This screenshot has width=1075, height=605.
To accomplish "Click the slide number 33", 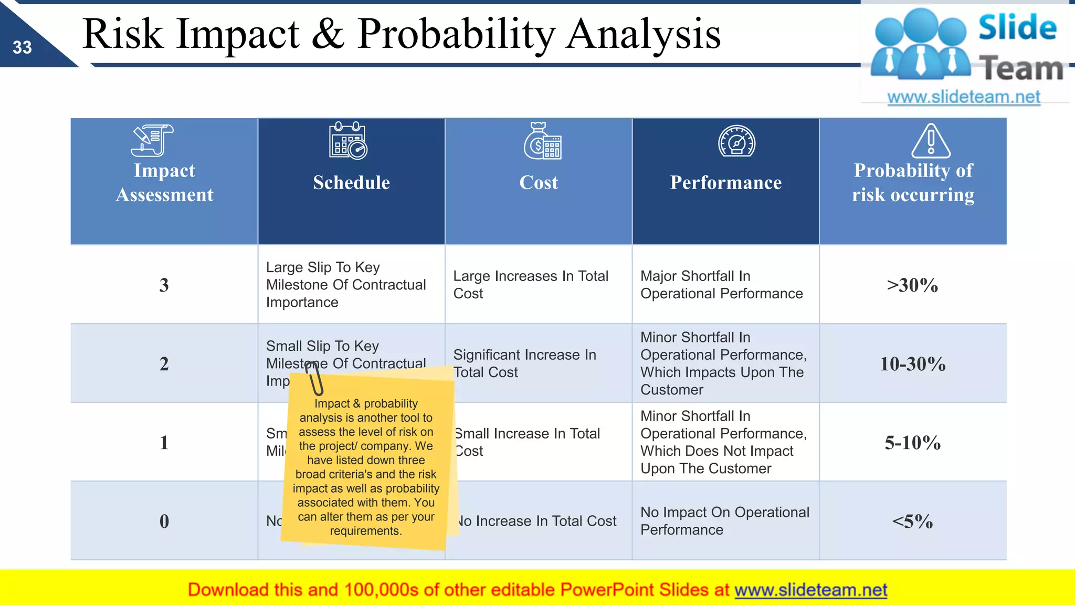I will coord(22,48).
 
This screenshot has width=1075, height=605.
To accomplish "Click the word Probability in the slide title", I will coord(456,35).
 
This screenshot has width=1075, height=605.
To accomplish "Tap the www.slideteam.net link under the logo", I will coord(963,97).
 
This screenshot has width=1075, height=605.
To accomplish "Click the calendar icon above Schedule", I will coord(348,141).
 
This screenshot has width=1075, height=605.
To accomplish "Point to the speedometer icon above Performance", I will coord(736,141).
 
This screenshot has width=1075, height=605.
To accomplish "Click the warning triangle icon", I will coord(930,141).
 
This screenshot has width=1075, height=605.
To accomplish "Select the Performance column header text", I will coord(725,182).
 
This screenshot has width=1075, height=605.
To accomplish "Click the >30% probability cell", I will coord(912,285).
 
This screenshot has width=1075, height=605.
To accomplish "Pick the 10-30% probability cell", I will coord(912,363).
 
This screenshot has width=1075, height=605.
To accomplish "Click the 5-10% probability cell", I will coord(912,442).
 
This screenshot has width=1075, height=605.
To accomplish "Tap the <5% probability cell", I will coord(912,521).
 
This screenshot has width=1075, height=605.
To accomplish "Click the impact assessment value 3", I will coord(164,285).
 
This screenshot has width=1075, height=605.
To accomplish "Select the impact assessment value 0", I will coord(164,521).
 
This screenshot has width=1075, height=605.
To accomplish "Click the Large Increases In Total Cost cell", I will coord(530,285).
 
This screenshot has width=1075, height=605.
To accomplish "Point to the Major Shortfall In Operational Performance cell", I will coord(721,285).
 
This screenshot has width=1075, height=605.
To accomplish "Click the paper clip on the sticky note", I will coord(314,378).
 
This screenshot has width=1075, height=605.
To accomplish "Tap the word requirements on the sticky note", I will coord(365,531).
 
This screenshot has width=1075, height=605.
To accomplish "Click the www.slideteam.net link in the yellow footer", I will coord(810,590).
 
